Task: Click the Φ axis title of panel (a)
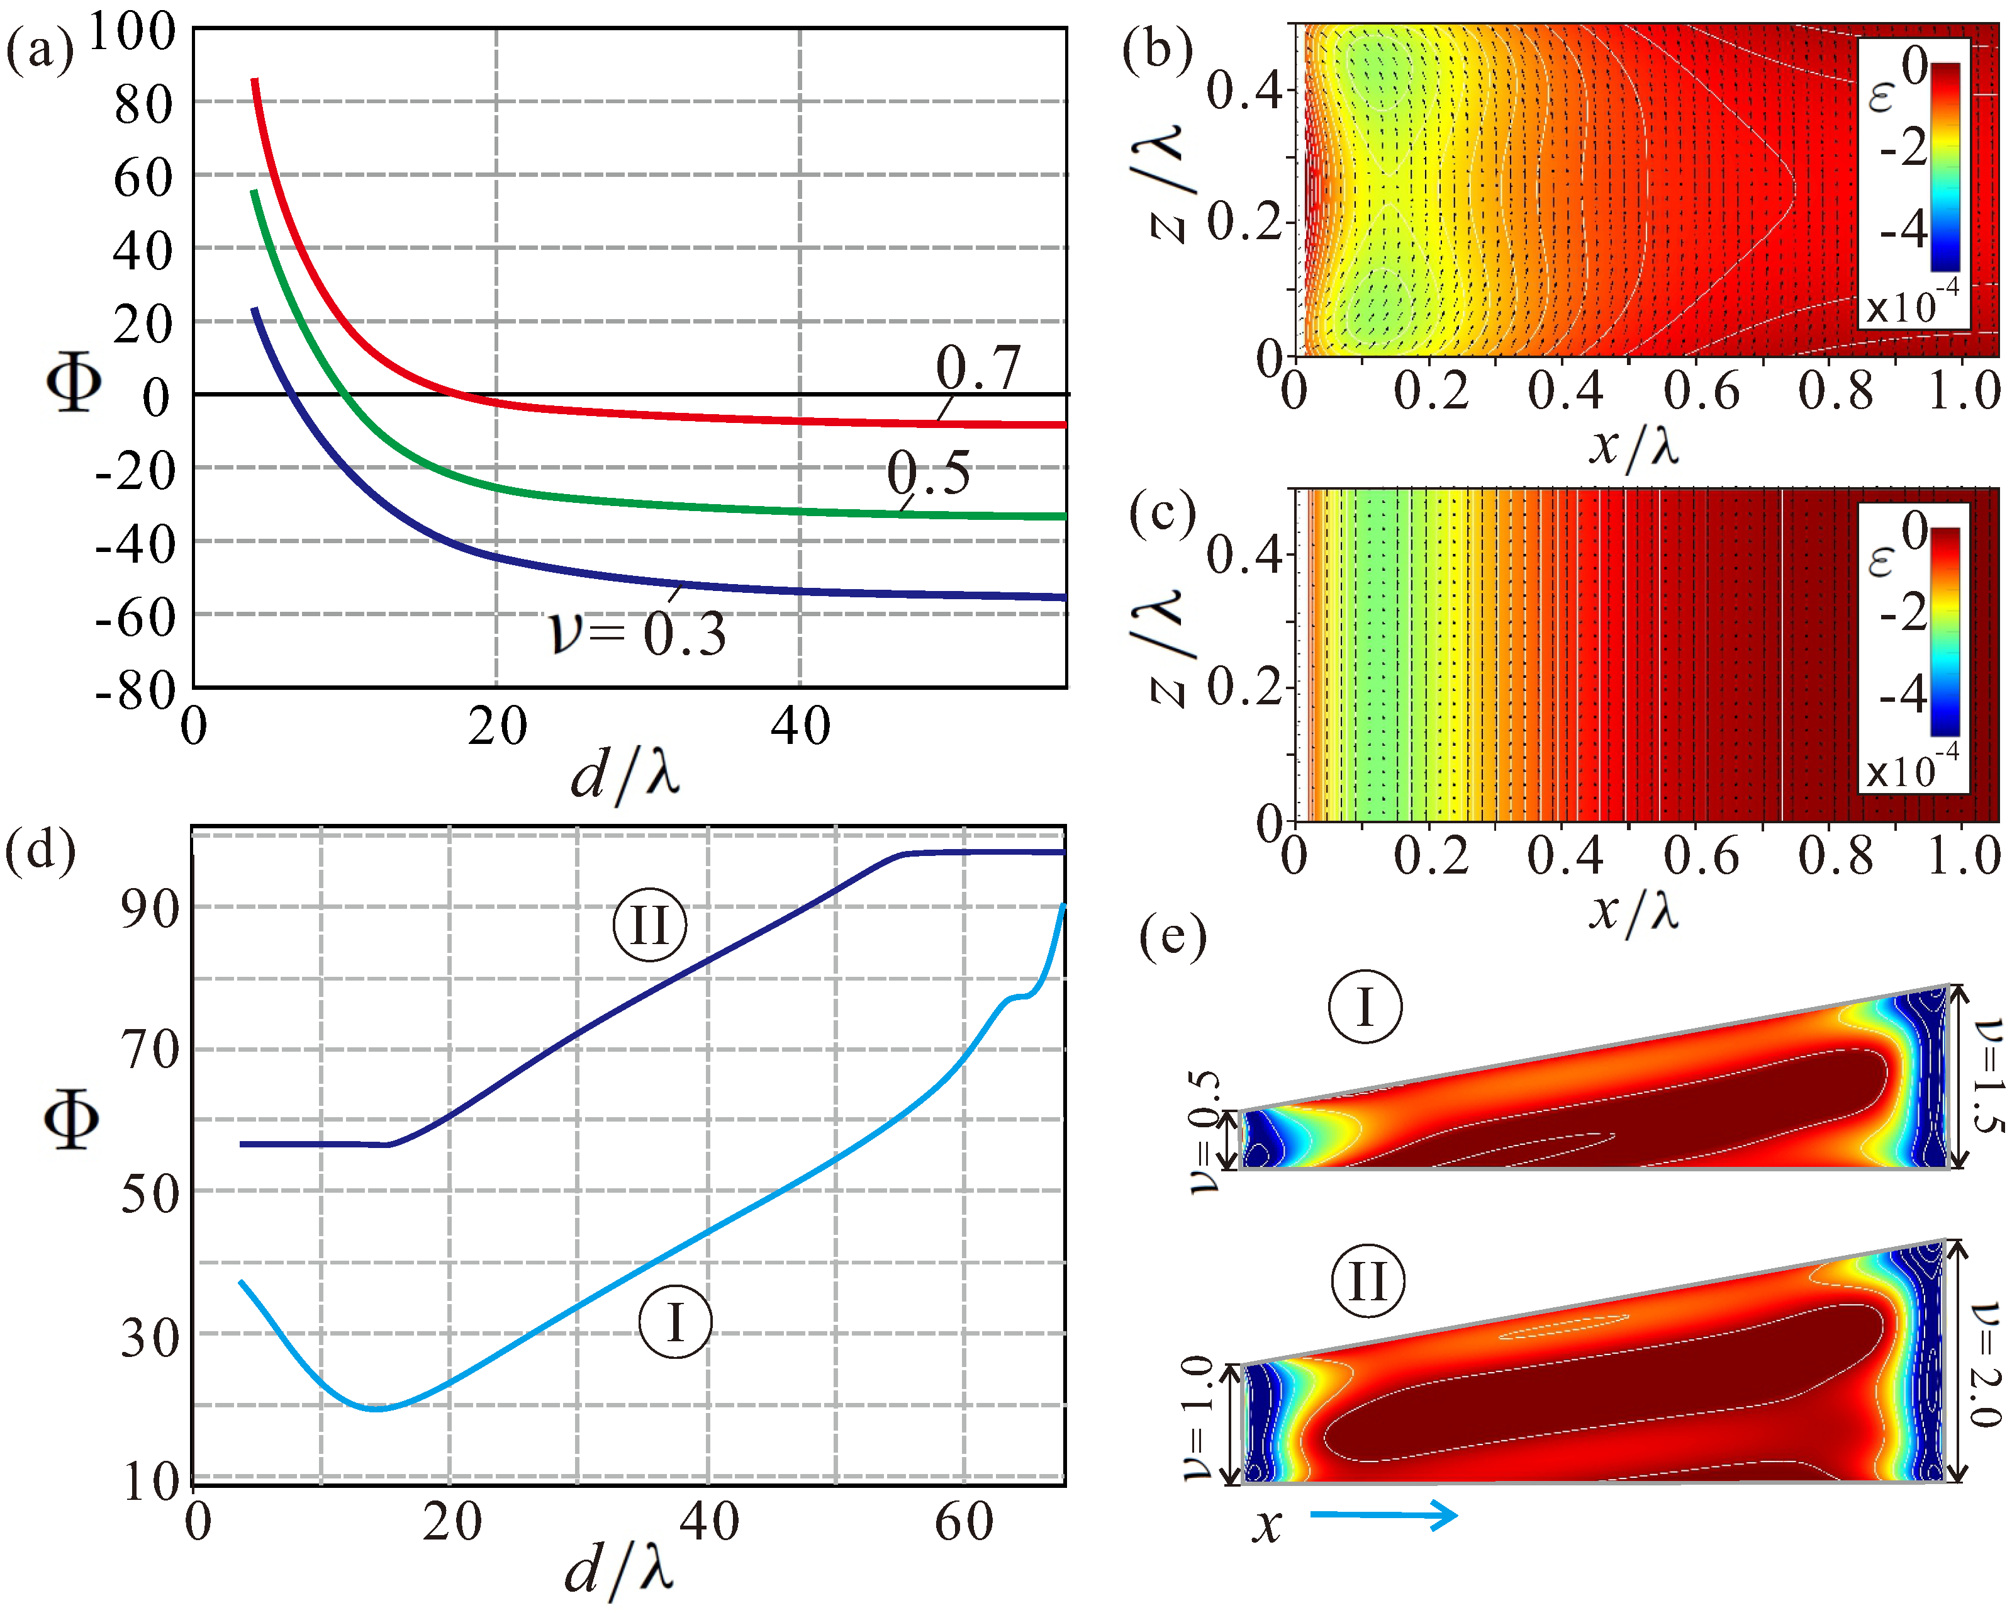click(73, 382)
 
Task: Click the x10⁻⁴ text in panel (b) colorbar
click(1911, 304)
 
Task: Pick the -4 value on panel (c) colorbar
click(1903, 692)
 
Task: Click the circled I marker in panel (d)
click(674, 1322)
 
